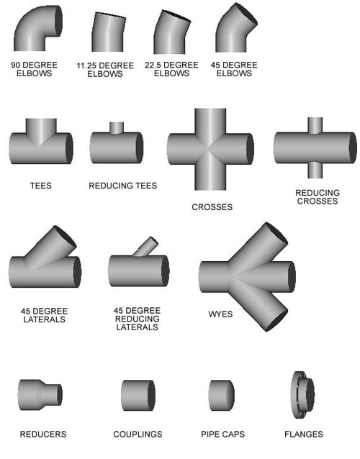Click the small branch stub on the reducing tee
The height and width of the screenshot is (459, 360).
117,127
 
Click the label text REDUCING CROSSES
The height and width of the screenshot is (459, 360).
316,196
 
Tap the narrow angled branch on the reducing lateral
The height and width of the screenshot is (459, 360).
146,247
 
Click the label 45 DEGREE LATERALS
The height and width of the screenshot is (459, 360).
44,315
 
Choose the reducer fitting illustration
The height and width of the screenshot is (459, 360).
40,394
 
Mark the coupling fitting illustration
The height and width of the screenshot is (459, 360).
137,395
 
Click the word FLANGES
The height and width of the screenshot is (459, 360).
302,434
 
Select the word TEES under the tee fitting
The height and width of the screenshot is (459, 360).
40,186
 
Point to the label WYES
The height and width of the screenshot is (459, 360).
220,314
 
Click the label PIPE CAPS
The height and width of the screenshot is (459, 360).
222,434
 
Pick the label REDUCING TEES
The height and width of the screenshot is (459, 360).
122,186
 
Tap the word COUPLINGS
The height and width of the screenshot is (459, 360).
138,434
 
